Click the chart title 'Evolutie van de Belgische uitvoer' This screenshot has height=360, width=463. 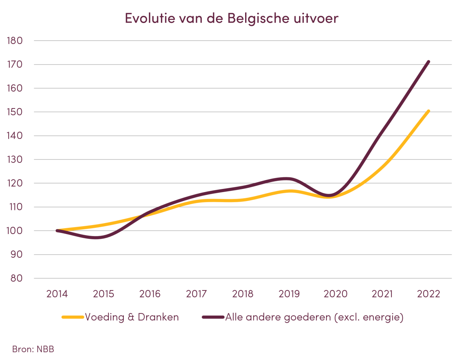[x=231, y=18]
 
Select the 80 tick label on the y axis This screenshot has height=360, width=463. [x=17, y=278]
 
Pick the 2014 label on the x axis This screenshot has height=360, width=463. [x=57, y=294]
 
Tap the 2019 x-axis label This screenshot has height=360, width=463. [x=289, y=294]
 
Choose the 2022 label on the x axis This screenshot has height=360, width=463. [x=429, y=294]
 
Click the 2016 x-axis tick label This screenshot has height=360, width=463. [x=150, y=294]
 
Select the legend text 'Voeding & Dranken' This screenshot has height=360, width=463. [x=132, y=317]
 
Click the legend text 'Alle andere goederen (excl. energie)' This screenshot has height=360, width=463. [x=314, y=317]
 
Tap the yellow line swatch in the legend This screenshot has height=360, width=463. [x=73, y=317]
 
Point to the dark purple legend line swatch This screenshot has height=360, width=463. [x=213, y=317]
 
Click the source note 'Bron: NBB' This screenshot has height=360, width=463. [x=33, y=349]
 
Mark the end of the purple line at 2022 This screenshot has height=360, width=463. [x=428, y=61]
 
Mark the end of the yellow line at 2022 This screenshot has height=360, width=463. [x=428, y=111]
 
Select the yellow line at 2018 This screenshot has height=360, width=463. [x=243, y=200]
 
